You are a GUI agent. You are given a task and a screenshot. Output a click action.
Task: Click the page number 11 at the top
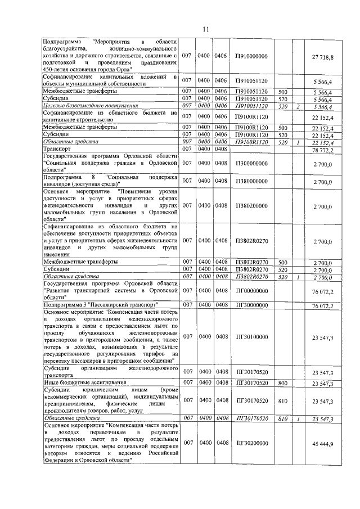click(206, 29)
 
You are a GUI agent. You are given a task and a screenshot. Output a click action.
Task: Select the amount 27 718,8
click(322, 57)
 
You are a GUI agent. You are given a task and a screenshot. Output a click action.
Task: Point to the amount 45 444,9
click(322, 444)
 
